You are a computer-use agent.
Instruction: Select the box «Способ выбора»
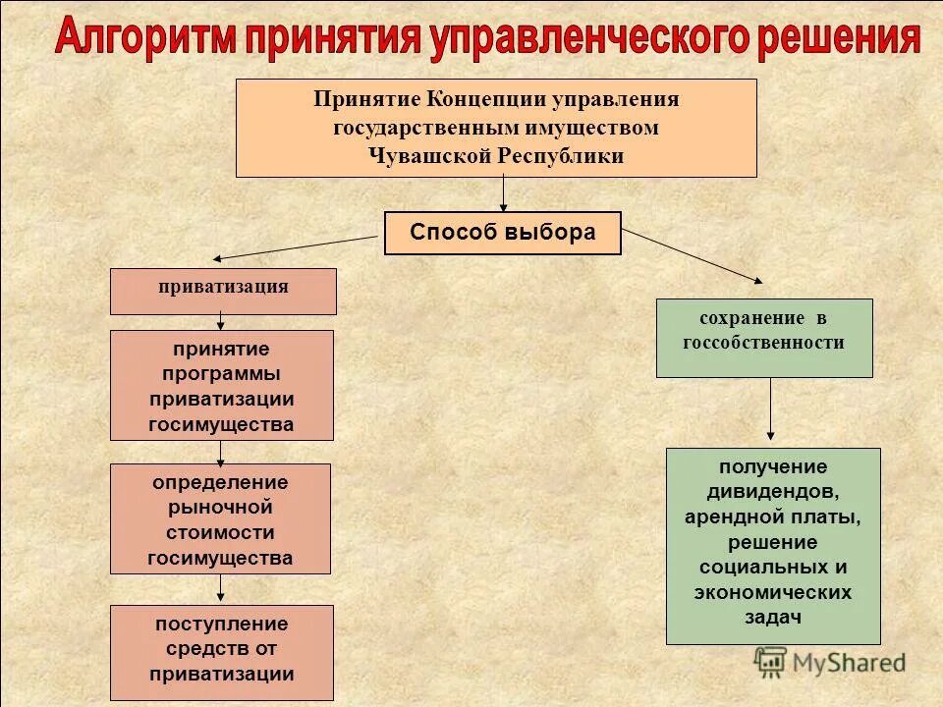(502, 233)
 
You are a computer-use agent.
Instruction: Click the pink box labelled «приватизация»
(223, 291)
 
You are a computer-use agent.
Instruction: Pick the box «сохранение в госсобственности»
(764, 338)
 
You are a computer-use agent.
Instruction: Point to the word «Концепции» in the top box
(487, 100)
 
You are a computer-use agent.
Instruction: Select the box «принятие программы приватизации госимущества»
(221, 385)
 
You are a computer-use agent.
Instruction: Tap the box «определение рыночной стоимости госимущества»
(220, 518)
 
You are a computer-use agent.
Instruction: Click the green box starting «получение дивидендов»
(773, 546)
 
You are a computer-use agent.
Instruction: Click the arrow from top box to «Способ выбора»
(503, 193)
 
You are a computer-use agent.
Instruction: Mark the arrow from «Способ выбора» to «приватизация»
(295, 248)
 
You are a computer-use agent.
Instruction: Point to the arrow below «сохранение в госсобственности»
(770, 410)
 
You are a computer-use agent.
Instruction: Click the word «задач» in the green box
(773, 618)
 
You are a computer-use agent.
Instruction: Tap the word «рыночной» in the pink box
(220, 507)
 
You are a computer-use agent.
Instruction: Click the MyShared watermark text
(849, 663)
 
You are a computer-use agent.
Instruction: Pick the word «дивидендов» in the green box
(773, 490)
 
